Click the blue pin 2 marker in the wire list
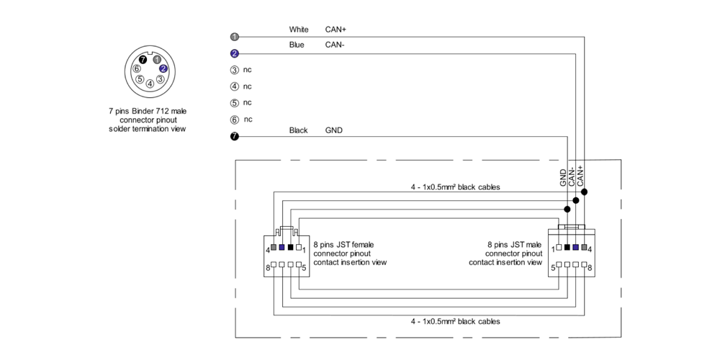pos(234,53)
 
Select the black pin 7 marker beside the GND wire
pos(234,135)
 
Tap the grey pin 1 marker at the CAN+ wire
pos(234,37)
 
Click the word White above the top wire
pos(299,30)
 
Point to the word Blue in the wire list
pos(296,45)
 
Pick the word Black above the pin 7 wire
pos(298,130)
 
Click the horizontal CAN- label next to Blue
pos(335,45)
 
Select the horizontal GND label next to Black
pos(334,130)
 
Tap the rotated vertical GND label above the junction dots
pos(563,178)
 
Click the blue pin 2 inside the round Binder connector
pos(163,68)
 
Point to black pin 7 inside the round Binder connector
pos(143,60)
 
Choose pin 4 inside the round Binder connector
pos(150,83)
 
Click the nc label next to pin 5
pos(248,102)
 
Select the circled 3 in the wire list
pos(234,70)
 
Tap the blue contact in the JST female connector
pos(282,248)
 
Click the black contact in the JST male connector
pos(567,248)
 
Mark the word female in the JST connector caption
pos(361,245)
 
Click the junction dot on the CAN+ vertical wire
pos(585,192)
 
